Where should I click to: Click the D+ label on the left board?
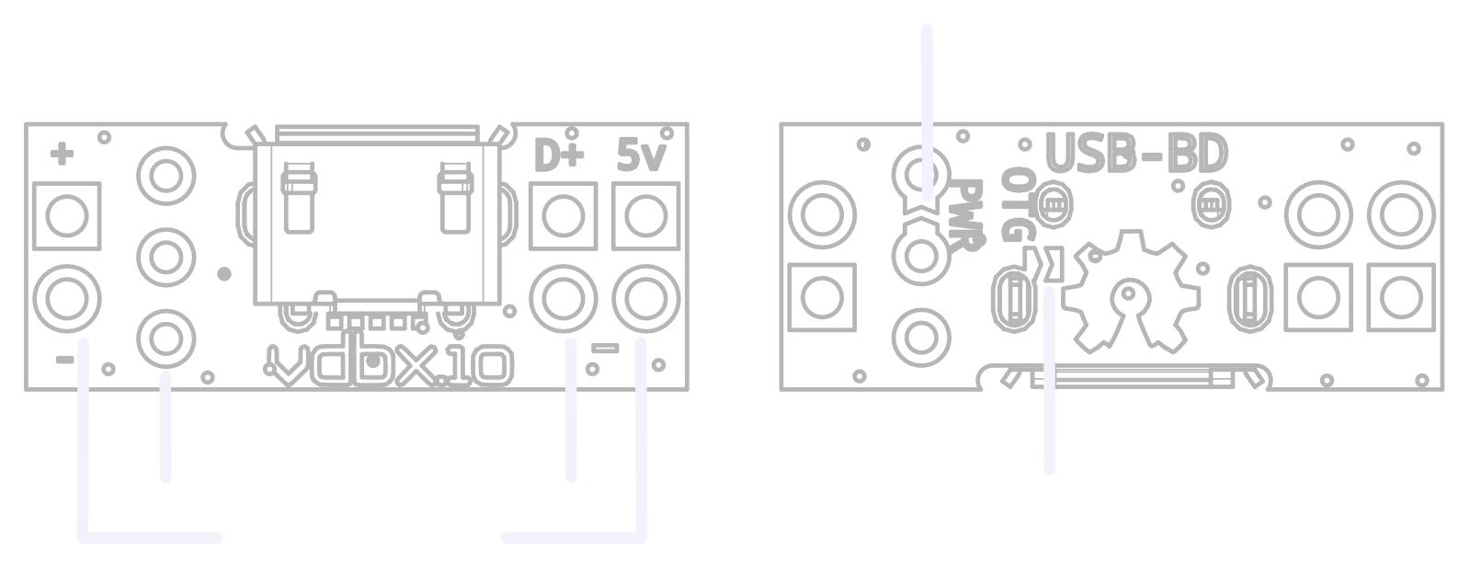[x=559, y=155]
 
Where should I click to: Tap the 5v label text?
[x=641, y=155]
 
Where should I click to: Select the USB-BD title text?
[x=1136, y=154]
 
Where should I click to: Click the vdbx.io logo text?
[x=389, y=365]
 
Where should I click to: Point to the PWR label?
[x=966, y=215]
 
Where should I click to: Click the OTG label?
[x=1018, y=205]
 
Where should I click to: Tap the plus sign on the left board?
[x=62, y=155]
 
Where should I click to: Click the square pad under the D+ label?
[x=563, y=216]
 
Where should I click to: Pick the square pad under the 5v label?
[x=645, y=216]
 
